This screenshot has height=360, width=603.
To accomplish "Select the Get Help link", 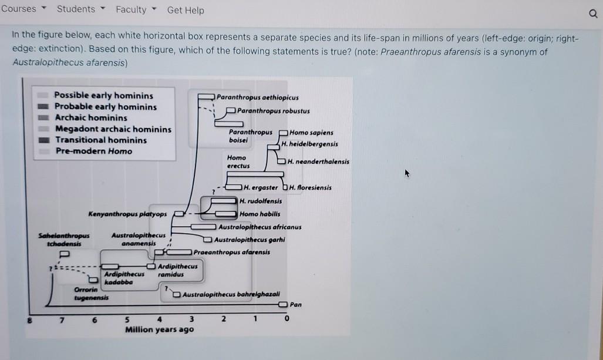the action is pos(186,10).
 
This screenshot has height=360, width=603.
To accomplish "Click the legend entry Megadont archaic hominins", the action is pos(113,129).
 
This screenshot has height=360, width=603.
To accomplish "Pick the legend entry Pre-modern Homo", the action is pos(94,151).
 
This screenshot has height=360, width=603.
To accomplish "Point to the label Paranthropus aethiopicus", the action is pos(257,97).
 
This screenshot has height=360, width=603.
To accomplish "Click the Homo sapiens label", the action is pos(311,133).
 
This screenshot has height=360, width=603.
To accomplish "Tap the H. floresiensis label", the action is pos(310,188).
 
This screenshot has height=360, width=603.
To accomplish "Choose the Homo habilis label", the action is pos(260,214).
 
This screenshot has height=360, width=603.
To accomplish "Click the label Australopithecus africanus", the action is pos(260,227).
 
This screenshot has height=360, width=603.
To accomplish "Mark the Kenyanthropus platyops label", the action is pos(127,214).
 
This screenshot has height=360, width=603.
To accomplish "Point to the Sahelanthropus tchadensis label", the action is pos(60,239).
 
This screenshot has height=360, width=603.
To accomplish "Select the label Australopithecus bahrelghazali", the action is pos(231,294).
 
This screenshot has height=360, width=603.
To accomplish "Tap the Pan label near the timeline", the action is pos(296,305).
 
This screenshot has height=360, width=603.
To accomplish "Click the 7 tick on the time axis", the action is pos(60,319).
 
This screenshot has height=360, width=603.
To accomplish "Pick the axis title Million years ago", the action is pos(159,329).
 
